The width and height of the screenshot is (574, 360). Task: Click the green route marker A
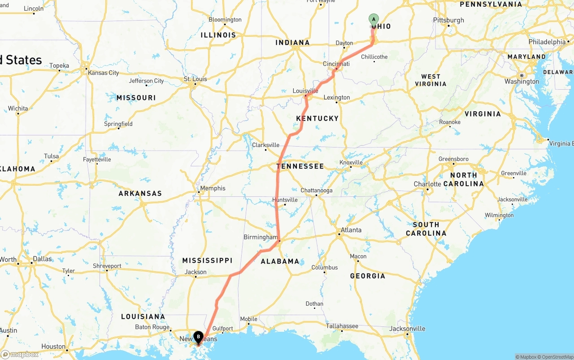(x=374, y=19)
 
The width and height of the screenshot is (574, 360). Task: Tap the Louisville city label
(x=305, y=91)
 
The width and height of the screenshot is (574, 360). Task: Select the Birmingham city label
(x=261, y=237)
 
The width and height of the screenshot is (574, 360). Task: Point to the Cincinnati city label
(x=336, y=64)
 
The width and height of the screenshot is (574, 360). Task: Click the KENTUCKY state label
(x=317, y=118)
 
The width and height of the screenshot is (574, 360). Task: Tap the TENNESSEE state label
(x=300, y=166)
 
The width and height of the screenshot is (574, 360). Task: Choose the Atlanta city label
(x=351, y=230)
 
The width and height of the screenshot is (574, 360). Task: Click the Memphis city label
(x=213, y=188)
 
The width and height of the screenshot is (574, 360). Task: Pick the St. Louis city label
(x=196, y=79)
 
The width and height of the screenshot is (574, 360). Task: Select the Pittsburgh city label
(x=448, y=20)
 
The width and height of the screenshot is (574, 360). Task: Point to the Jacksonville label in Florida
(x=407, y=329)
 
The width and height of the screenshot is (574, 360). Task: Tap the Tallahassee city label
(x=342, y=326)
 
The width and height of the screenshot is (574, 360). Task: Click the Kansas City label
(x=104, y=73)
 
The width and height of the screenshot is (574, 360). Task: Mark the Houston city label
(x=53, y=346)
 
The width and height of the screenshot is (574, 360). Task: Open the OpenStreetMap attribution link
(x=556, y=357)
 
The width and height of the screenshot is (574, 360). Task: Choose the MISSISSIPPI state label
(x=207, y=260)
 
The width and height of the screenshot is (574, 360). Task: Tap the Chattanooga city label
(x=317, y=191)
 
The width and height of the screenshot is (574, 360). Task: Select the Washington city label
(x=522, y=82)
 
